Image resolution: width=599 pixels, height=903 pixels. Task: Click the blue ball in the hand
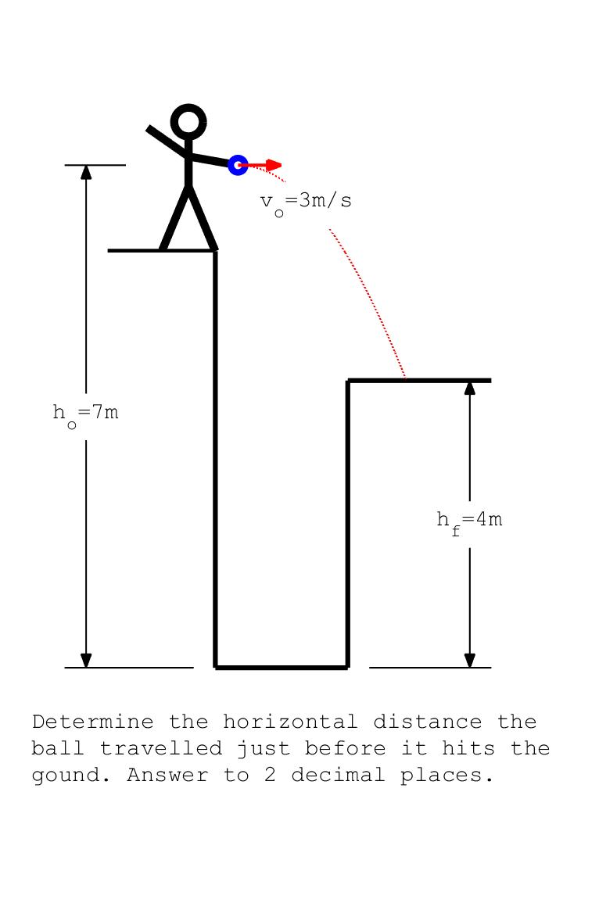(x=238, y=165)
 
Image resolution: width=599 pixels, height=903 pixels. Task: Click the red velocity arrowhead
(x=274, y=165)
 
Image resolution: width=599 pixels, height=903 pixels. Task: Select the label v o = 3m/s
(x=306, y=203)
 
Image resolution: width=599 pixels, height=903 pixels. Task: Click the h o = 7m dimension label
(x=86, y=414)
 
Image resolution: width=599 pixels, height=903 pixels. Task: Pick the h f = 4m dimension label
(x=469, y=522)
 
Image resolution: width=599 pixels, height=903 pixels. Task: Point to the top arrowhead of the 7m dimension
(x=86, y=172)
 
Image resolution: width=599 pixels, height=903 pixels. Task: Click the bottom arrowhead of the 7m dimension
(x=86, y=661)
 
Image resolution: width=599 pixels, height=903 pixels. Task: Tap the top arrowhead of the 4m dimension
(x=470, y=388)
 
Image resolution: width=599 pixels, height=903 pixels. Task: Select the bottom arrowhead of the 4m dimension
(x=470, y=661)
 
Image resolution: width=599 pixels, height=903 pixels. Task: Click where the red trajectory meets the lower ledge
(x=405, y=379)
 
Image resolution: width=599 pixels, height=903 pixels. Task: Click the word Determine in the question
(x=93, y=722)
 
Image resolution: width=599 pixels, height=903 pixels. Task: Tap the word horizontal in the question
(x=290, y=722)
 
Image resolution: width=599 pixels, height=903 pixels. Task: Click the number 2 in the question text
(x=270, y=775)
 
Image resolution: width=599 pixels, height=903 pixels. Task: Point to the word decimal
(x=338, y=775)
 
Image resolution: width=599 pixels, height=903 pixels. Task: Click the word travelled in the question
(x=161, y=748)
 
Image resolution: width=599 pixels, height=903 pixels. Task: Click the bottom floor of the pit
(x=282, y=668)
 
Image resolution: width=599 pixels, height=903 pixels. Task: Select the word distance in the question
(x=428, y=722)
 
